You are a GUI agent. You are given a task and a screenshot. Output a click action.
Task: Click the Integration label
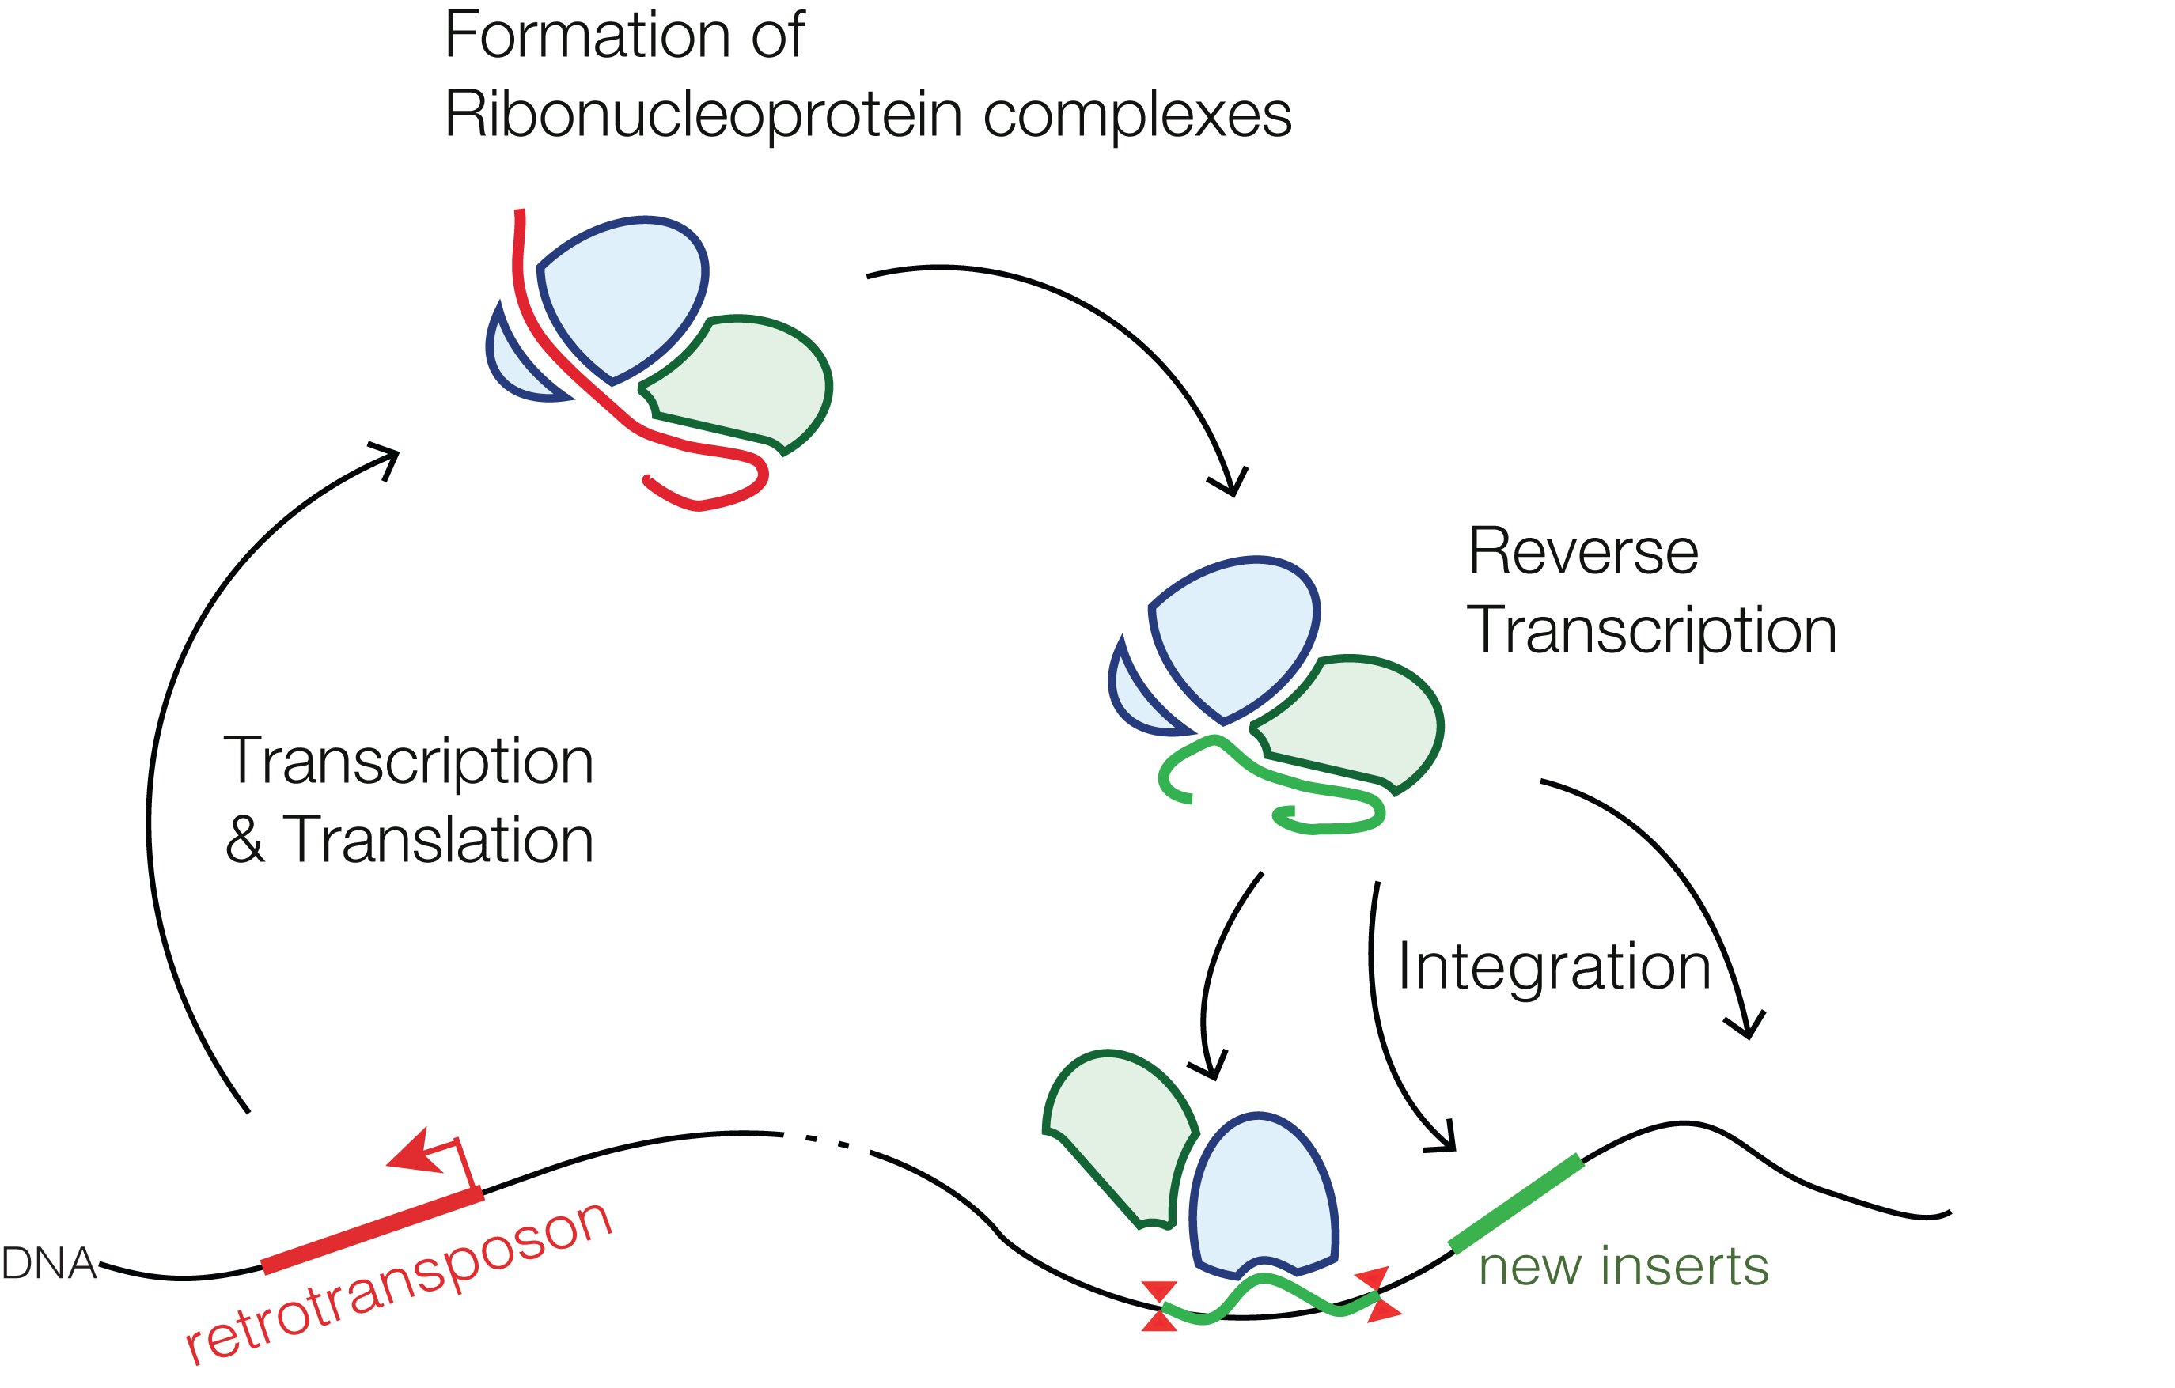(1554, 967)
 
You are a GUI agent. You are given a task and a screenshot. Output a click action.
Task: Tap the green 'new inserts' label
(1623, 1266)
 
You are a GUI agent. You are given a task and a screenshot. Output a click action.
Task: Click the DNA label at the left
(49, 1263)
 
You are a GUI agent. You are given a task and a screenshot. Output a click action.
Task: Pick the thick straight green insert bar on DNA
(1517, 1203)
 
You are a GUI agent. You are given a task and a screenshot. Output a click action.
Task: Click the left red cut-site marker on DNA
(1159, 1307)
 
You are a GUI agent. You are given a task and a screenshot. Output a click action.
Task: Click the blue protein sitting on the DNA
(1263, 1192)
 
